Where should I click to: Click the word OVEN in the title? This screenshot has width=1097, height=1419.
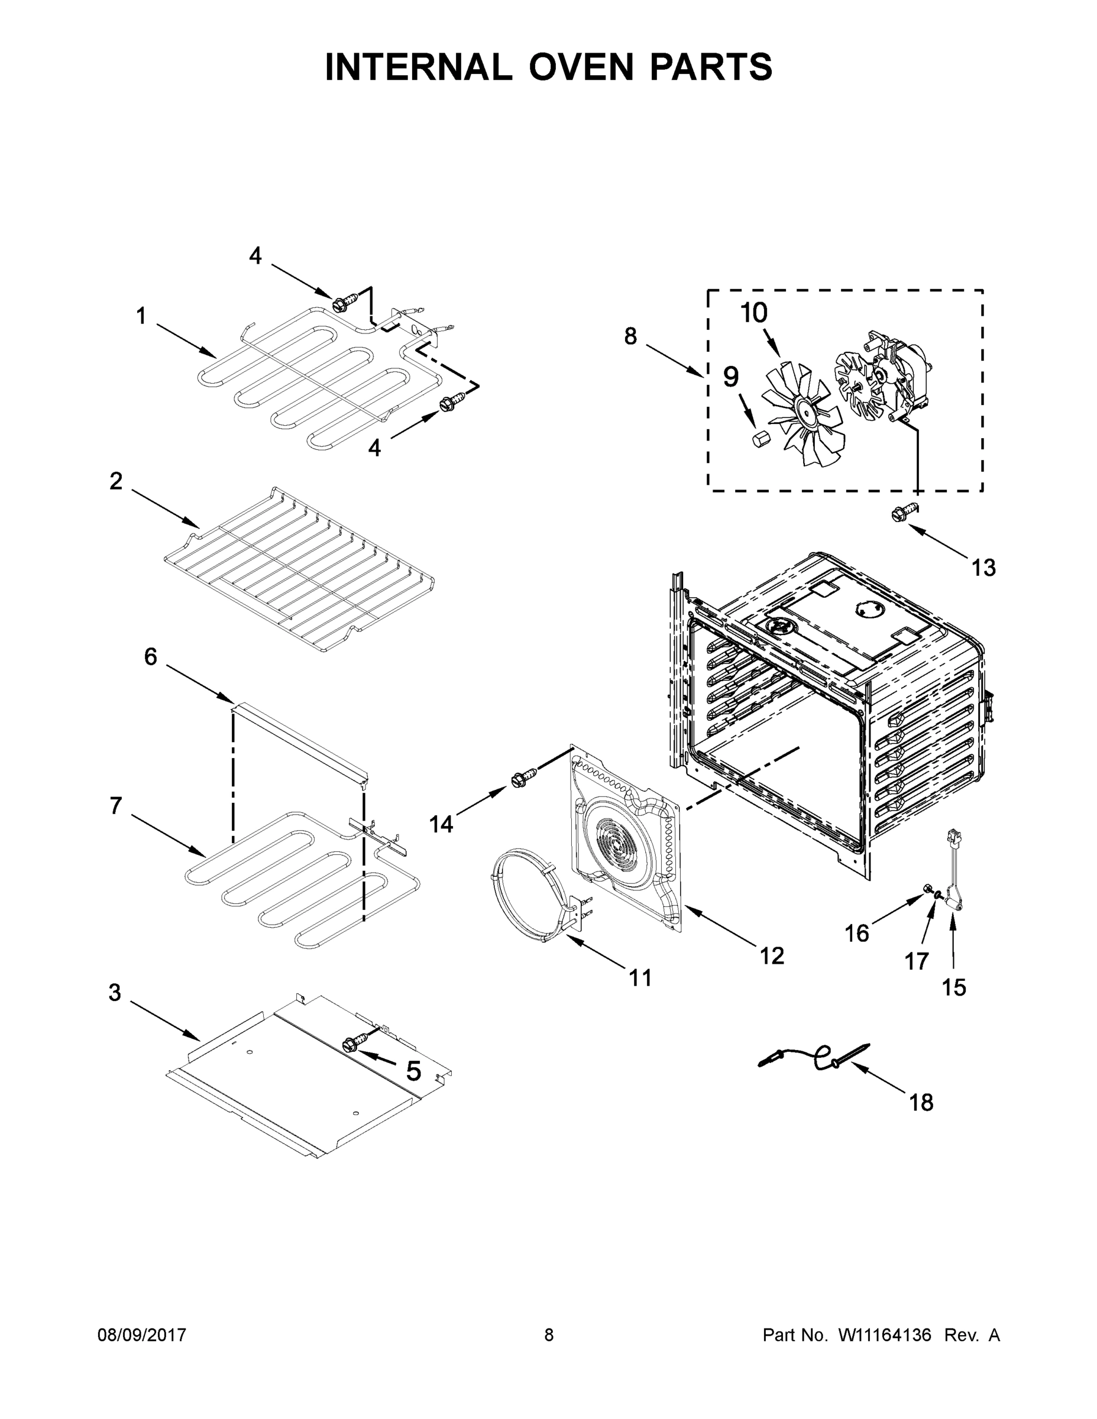click(580, 67)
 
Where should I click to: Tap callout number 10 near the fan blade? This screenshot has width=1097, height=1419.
click(754, 313)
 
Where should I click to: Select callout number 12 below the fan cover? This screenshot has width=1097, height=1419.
click(772, 955)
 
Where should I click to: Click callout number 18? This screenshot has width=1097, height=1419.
click(921, 1103)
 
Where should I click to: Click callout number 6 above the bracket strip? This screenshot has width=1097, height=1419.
click(150, 657)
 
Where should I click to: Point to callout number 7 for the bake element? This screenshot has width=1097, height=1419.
click(116, 806)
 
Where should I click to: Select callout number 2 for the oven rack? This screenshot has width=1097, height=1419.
click(116, 481)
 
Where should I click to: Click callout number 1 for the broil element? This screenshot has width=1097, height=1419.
click(141, 316)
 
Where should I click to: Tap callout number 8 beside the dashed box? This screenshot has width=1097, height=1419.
click(630, 336)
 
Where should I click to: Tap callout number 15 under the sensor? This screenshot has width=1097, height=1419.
click(954, 987)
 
